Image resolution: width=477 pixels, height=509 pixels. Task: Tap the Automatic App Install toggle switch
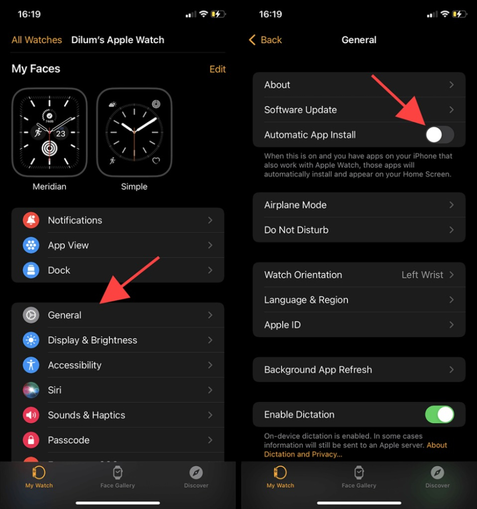coord(439,135)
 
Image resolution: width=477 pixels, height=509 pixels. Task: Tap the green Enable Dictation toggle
coord(439,414)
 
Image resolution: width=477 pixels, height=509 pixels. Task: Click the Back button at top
coord(265,40)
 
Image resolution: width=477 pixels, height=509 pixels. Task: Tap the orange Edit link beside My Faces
coord(217,69)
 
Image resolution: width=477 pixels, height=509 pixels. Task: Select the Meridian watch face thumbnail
coord(49,132)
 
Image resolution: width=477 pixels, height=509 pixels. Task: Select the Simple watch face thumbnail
coord(134,132)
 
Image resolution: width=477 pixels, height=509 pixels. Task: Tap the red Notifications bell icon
coord(31,220)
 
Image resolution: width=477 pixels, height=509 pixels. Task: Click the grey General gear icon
coord(31,315)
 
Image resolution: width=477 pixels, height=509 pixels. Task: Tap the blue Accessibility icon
coord(31,365)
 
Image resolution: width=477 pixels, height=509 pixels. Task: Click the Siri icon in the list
coord(31,390)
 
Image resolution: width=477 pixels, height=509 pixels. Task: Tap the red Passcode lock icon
coord(31,440)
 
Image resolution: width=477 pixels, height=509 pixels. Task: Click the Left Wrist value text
coord(422,275)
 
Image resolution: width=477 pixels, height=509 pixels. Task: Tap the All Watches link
coord(37,40)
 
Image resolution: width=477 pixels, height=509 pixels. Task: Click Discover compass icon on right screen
coord(437,472)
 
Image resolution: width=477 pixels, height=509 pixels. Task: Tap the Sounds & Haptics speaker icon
coord(31,415)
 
